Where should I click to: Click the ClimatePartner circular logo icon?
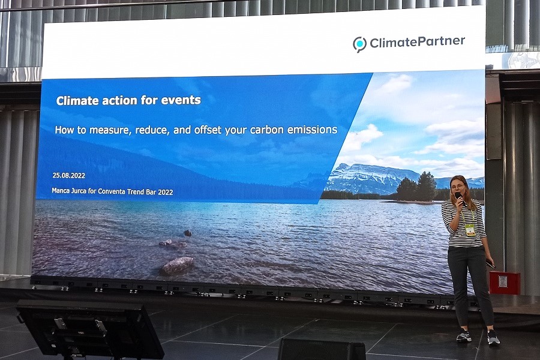click(359, 44)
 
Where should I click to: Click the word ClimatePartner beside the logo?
click(418, 42)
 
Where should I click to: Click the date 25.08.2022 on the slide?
click(69, 175)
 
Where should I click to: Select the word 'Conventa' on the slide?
click(112, 191)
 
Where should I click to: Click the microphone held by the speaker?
click(460, 199)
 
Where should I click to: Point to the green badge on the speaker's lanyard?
click(470, 230)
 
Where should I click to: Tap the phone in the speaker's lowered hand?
click(490, 264)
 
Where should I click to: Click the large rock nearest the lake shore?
click(178, 265)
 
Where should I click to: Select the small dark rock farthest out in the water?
click(187, 233)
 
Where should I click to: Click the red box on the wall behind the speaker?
click(505, 283)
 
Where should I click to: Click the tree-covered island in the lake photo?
click(415, 189)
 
